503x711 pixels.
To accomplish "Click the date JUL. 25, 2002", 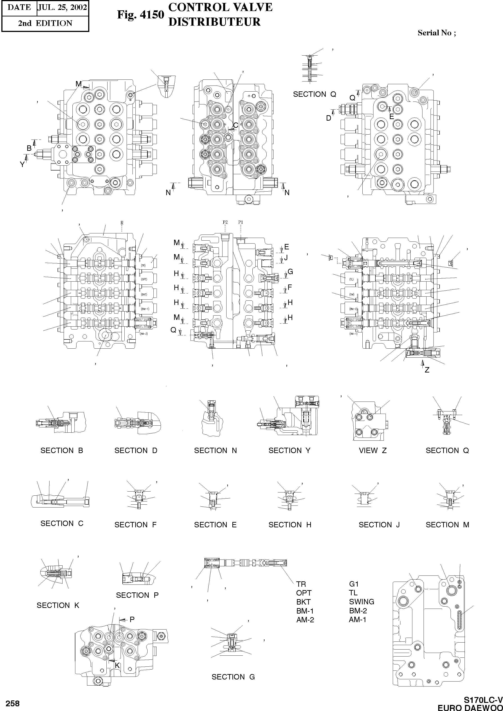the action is [62, 7].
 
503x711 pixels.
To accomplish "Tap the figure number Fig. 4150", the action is [140, 15].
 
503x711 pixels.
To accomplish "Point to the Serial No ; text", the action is [437, 33].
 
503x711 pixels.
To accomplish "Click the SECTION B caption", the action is [62, 450].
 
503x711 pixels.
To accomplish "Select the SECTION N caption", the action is [215, 450].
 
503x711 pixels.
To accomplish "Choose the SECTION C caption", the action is [62, 523].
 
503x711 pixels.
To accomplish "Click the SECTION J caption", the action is [379, 524].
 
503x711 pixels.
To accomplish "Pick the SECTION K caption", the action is [58, 605].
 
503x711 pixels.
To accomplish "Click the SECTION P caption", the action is [137, 595].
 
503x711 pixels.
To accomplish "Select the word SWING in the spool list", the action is [362, 602].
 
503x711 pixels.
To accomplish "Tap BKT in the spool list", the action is [303, 602].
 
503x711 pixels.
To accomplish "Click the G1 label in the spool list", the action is [354, 584].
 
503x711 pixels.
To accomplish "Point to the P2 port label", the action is [225, 222].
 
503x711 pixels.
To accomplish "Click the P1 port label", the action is [241, 222].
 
